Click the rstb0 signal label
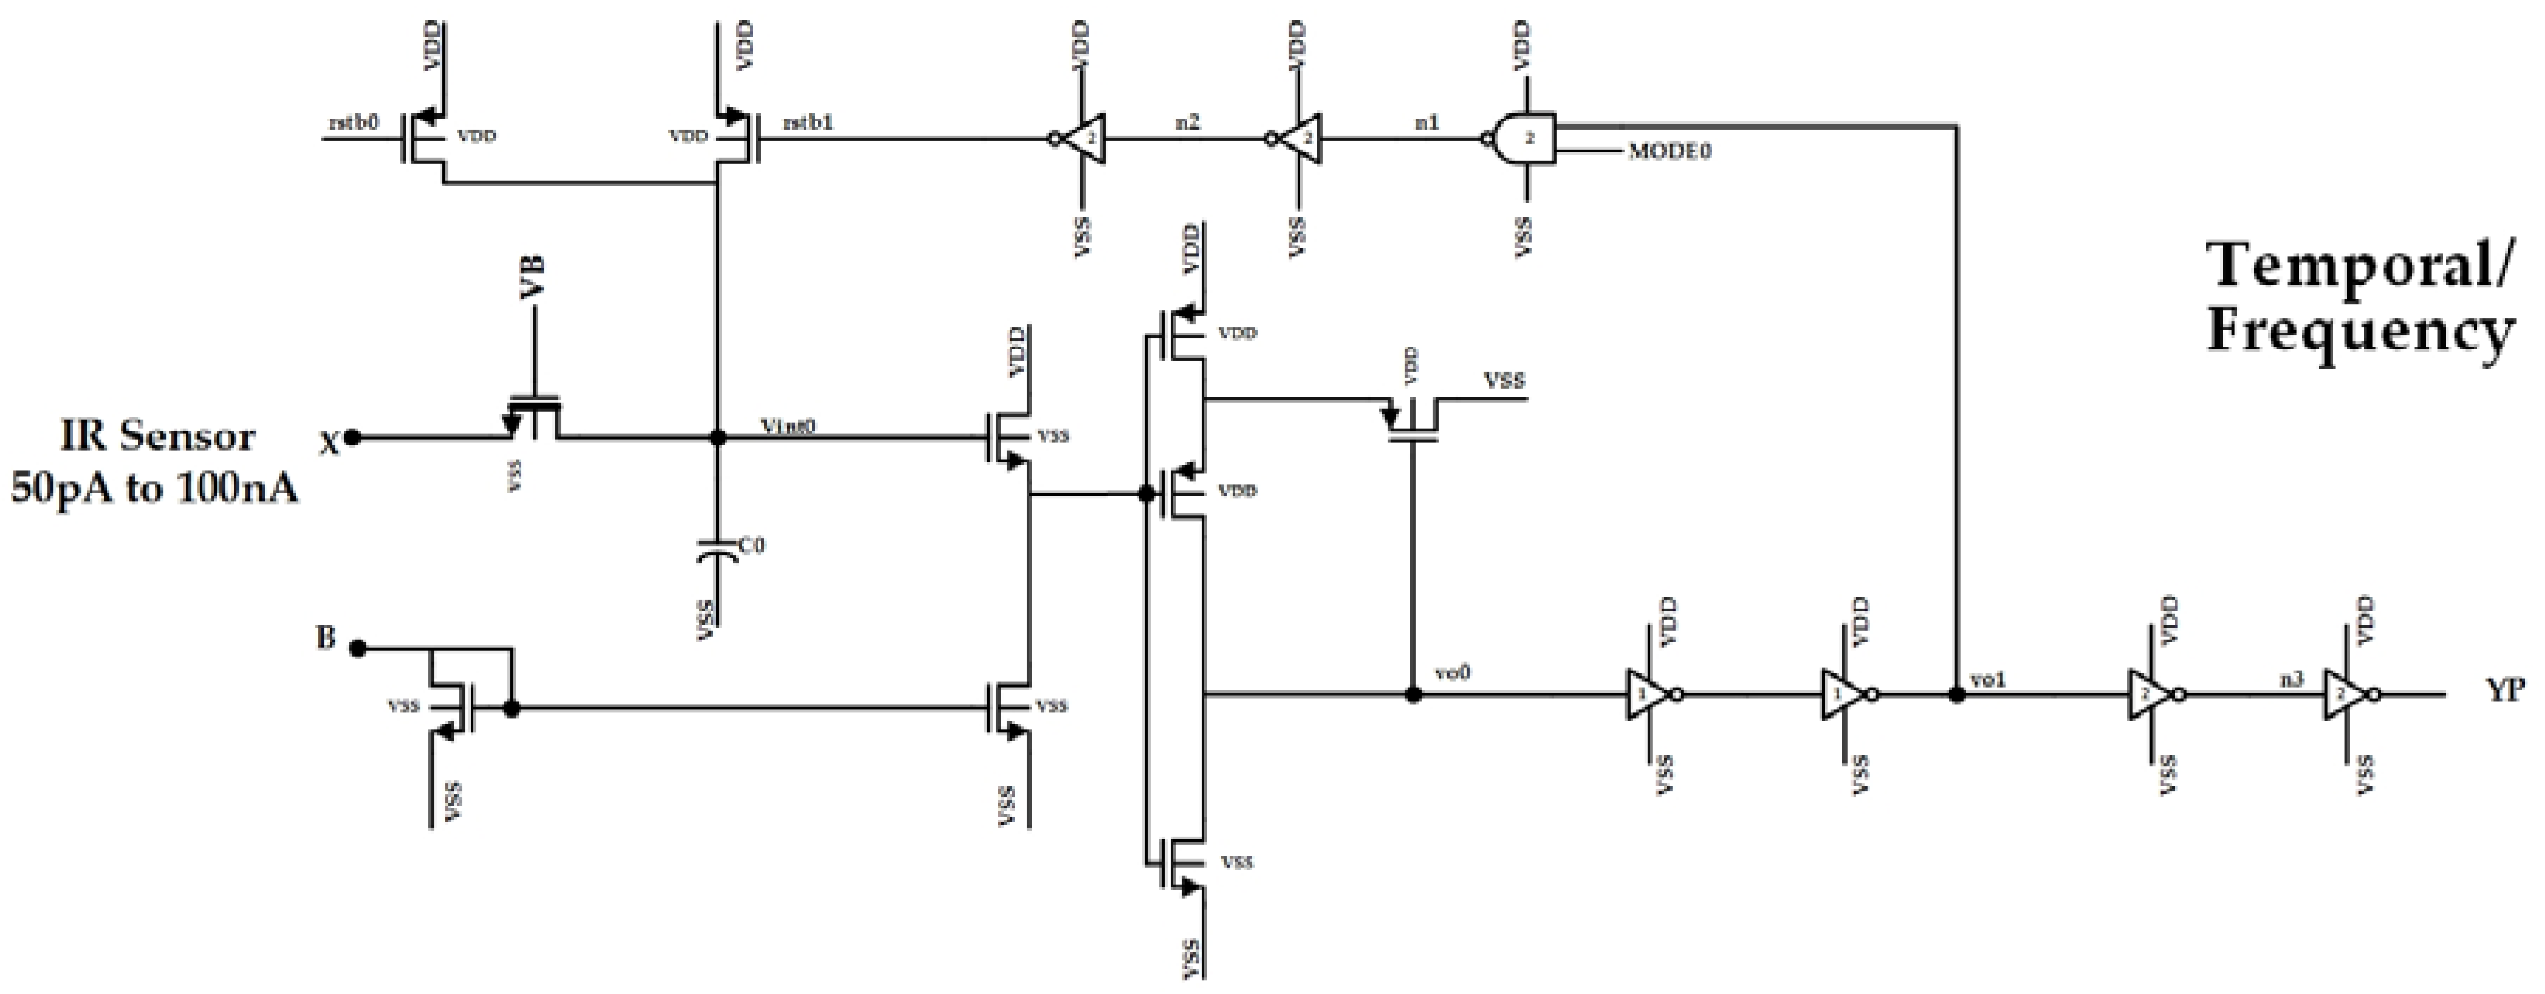(353, 123)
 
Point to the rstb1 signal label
(807, 123)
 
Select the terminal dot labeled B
(358, 648)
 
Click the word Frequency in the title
(2359, 332)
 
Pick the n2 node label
(1187, 123)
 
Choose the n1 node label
(1427, 123)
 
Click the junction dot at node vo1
(1956, 695)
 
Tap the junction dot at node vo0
(1414, 695)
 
